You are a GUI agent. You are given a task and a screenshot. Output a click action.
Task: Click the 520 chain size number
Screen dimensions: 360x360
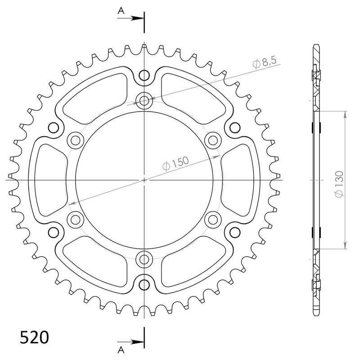coord(35,337)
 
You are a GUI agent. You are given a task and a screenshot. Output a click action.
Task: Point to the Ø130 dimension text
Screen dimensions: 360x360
coord(339,184)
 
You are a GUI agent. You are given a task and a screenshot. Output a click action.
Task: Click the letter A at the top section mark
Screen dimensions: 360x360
coord(121,11)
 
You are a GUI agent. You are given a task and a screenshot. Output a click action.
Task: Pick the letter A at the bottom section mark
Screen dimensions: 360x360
coord(121,349)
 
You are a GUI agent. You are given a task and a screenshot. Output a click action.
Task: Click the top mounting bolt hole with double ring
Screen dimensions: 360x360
coord(144,101)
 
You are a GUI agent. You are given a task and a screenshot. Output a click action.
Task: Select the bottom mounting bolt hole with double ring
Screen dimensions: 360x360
coord(144,259)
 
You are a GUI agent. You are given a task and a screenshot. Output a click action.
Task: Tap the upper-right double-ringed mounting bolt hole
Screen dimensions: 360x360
coord(212,140)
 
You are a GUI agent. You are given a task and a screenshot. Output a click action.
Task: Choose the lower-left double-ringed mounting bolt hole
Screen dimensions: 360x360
coord(76,220)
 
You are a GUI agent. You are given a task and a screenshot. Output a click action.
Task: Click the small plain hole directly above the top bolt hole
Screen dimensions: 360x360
coord(144,75)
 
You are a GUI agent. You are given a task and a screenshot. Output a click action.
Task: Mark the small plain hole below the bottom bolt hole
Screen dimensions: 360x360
coord(144,284)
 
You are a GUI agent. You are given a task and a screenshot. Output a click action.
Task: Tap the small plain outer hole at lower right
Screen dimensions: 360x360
coord(234,232)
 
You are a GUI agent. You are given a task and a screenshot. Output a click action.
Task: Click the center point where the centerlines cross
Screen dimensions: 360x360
coord(144,180)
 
